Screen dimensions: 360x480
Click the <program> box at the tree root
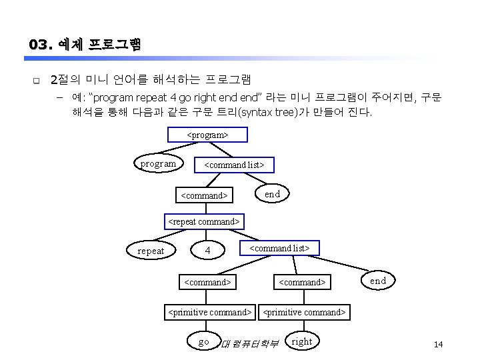(x=207, y=135)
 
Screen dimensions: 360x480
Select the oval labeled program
(x=158, y=163)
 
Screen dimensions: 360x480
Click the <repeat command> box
(x=203, y=221)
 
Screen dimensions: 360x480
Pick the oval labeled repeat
(x=151, y=251)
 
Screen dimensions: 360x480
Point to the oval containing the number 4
(x=208, y=251)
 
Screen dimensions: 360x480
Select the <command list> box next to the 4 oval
(x=279, y=248)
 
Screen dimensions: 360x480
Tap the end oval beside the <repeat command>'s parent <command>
(x=272, y=194)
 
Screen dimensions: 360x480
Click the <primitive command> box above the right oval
(x=305, y=311)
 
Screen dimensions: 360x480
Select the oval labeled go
(x=204, y=341)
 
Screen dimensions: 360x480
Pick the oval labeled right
(x=302, y=341)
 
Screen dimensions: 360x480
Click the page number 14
(x=438, y=344)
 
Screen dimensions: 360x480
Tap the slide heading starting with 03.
(x=85, y=45)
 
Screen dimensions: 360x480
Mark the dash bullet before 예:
(x=59, y=99)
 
